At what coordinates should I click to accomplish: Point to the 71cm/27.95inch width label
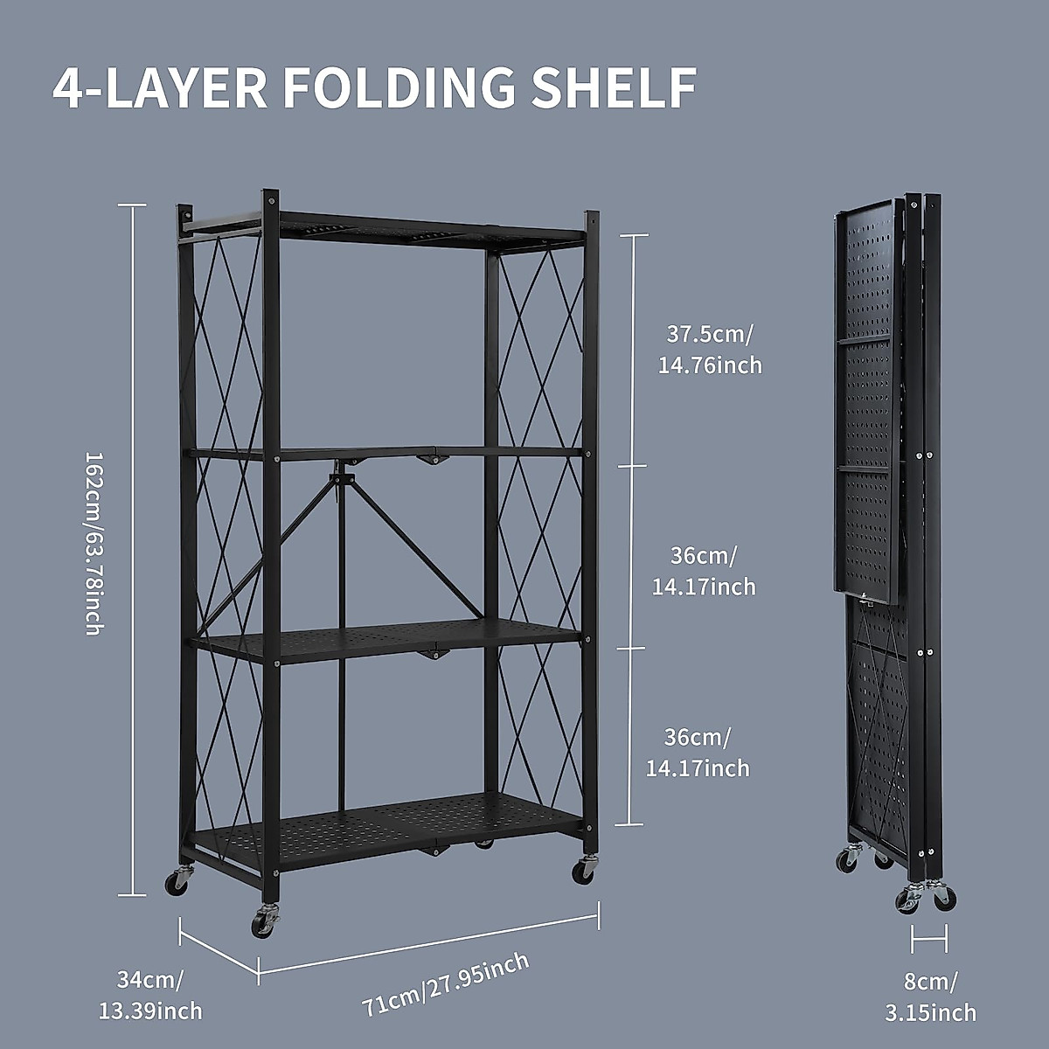pos(446,1008)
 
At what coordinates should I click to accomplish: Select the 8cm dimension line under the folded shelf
pos(928,941)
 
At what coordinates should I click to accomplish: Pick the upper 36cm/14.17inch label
pos(704,571)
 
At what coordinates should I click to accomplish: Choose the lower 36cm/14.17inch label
pos(698,753)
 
